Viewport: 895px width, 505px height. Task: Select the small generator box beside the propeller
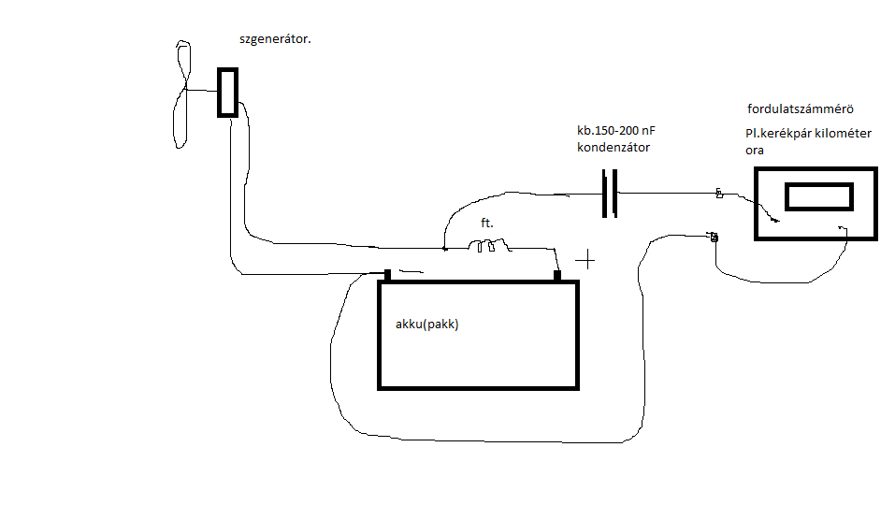click(x=227, y=92)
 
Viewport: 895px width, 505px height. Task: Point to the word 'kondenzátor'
click(x=614, y=148)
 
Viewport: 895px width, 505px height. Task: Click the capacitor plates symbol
click(x=609, y=193)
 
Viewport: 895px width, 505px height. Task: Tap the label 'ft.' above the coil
click(x=486, y=224)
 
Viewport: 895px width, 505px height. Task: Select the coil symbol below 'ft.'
click(x=488, y=247)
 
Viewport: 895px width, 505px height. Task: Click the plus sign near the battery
click(x=585, y=258)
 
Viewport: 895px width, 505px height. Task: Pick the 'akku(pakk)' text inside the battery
click(x=428, y=325)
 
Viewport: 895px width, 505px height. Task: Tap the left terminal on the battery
click(x=387, y=275)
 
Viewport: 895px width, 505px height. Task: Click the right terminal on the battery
click(x=557, y=275)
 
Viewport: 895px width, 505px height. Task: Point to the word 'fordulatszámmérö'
click(x=801, y=108)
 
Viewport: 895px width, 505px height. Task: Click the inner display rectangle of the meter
click(x=818, y=196)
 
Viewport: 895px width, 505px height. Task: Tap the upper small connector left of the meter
click(x=718, y=194)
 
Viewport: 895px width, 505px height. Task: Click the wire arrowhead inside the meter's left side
click(x=775, y=221)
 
